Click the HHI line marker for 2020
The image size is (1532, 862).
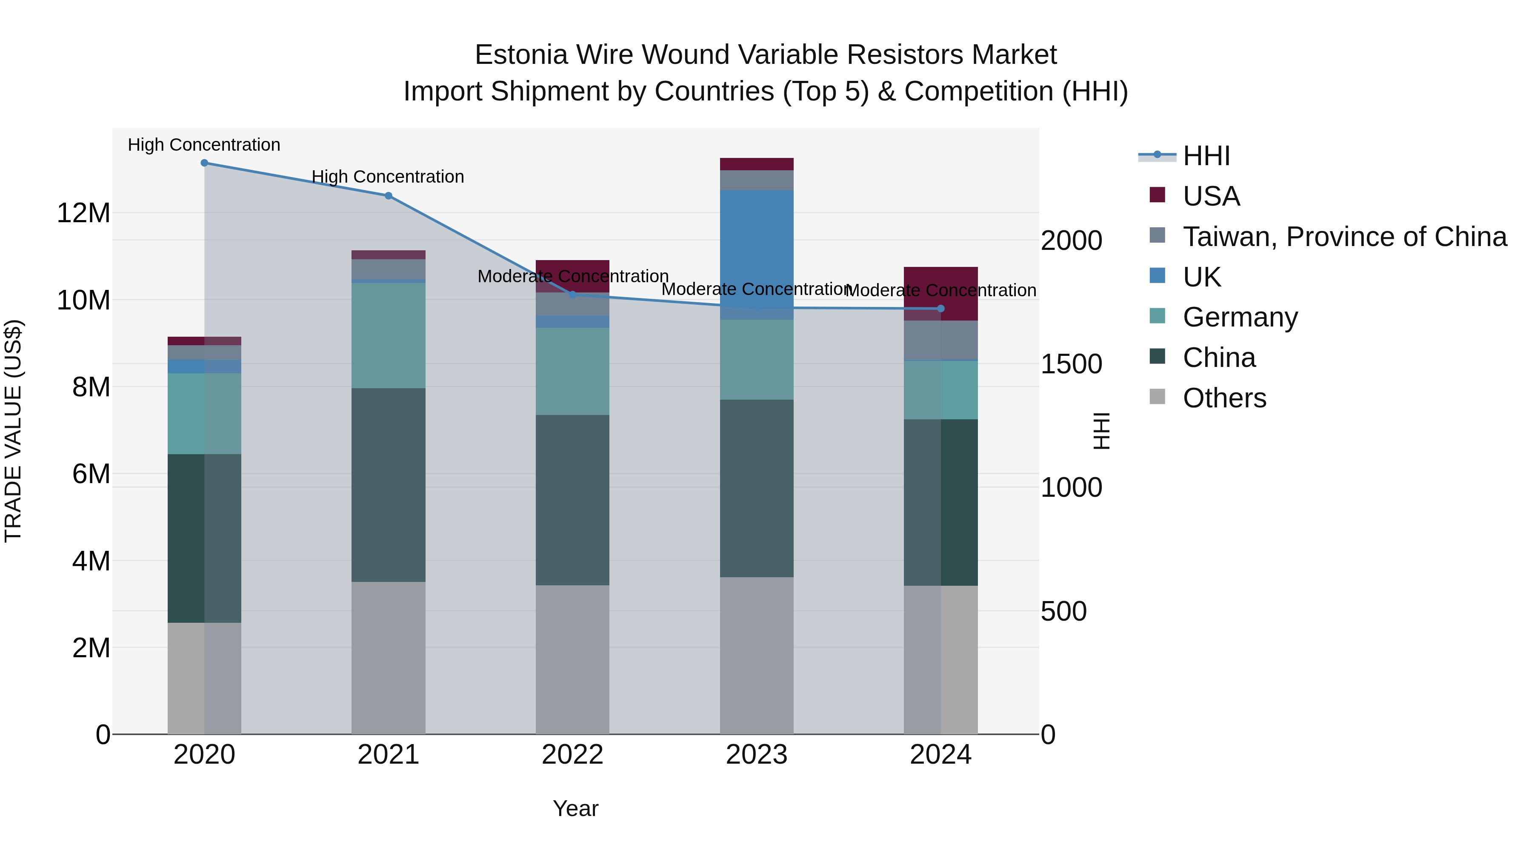(204, 163)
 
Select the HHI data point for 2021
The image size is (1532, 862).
(389, 196)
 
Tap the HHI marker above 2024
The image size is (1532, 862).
(940, 309)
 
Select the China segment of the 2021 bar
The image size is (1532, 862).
(389, 485)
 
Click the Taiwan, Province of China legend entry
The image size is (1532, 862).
(1344, 237)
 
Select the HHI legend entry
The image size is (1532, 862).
(1206, 156)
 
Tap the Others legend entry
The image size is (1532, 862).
(1224, 398)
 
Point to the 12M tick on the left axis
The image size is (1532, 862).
(83, 213)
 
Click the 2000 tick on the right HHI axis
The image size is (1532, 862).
(1071, 241)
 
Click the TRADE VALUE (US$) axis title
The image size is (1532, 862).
(13, 431)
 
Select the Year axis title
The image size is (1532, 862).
(575, 808)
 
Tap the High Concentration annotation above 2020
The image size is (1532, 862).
(204, 145)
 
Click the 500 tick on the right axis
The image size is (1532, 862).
(1063, 611)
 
